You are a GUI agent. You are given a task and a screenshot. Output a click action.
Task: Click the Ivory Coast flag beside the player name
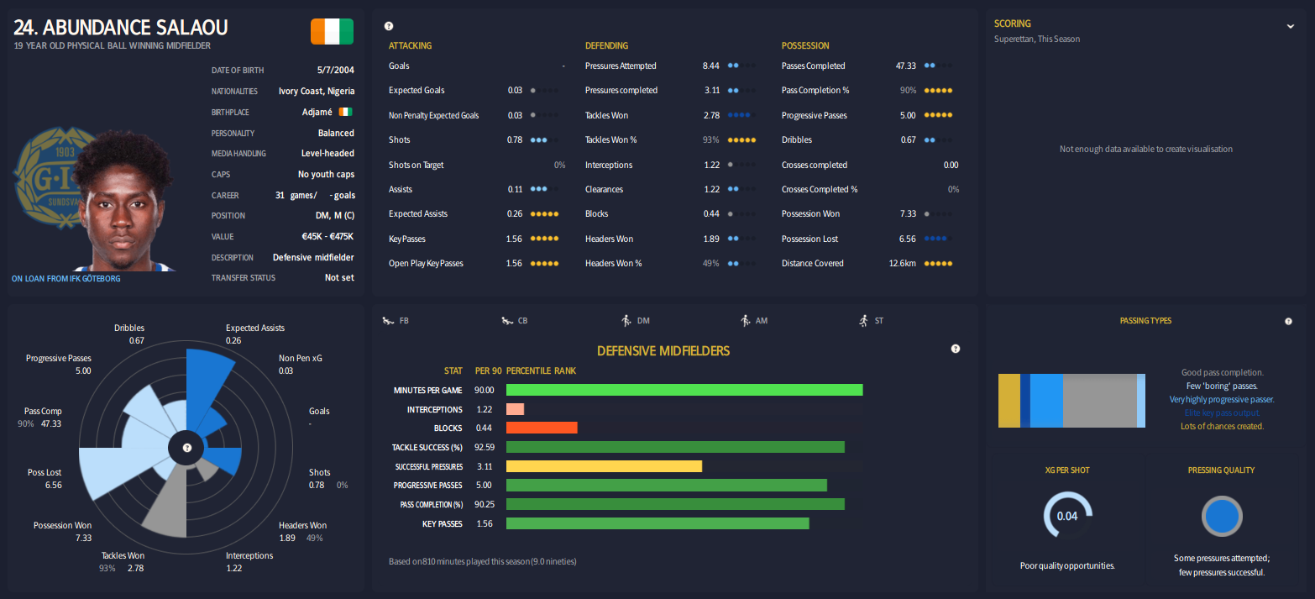click(332, 32)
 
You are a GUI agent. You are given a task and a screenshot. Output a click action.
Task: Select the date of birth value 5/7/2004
click(336, 71)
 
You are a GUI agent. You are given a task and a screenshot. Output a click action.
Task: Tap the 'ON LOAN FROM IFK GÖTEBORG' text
click(66, 278)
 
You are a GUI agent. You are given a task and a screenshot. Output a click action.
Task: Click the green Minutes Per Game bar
click(684, 390)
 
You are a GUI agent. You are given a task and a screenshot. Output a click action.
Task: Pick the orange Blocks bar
click(542, 428)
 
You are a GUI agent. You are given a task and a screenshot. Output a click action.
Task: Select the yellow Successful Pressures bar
click(604, 466)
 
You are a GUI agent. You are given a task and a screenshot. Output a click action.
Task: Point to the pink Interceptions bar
click(515, 409)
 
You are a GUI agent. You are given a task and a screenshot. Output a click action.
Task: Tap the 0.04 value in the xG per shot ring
click(1066, 516)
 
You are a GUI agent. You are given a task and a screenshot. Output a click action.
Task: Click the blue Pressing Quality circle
click(1222, 516)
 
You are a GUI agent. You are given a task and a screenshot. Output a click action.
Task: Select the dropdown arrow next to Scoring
click(1291, 26)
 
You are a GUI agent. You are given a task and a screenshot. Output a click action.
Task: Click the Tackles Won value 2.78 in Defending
click(712, 115)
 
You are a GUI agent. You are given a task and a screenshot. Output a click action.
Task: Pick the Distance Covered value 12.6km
click(902, 263)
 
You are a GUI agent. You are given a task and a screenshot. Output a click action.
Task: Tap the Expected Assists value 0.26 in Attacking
click(515, 213)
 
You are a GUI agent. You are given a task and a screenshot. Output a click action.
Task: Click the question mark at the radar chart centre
click(187, 448)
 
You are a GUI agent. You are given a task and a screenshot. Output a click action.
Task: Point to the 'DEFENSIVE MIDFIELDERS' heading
click(663, 350)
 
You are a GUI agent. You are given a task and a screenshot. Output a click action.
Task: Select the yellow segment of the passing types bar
click(1009, 401)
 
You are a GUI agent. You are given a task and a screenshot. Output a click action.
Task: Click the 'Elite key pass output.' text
click(1222, 412)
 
